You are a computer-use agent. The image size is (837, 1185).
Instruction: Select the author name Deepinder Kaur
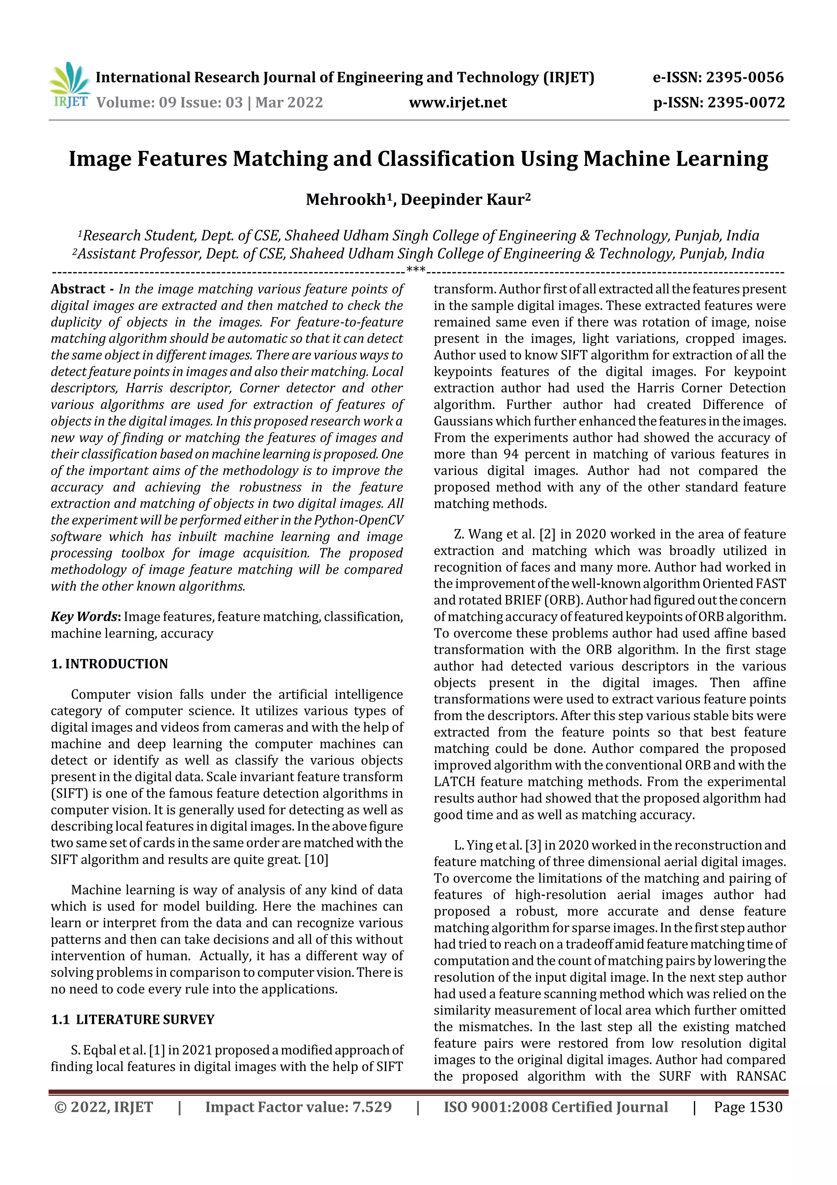[x=463, y=200]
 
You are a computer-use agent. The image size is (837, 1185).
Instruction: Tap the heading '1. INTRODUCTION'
[x=110, y=664]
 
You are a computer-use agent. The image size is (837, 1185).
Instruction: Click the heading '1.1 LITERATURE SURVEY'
[x=132, y=1020]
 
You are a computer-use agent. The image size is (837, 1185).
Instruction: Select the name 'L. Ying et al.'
[x=488, y=845]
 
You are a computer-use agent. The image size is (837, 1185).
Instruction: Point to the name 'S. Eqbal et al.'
[x=108, y=1050]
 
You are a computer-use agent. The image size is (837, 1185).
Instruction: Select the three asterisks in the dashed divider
[x=416, y=270]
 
